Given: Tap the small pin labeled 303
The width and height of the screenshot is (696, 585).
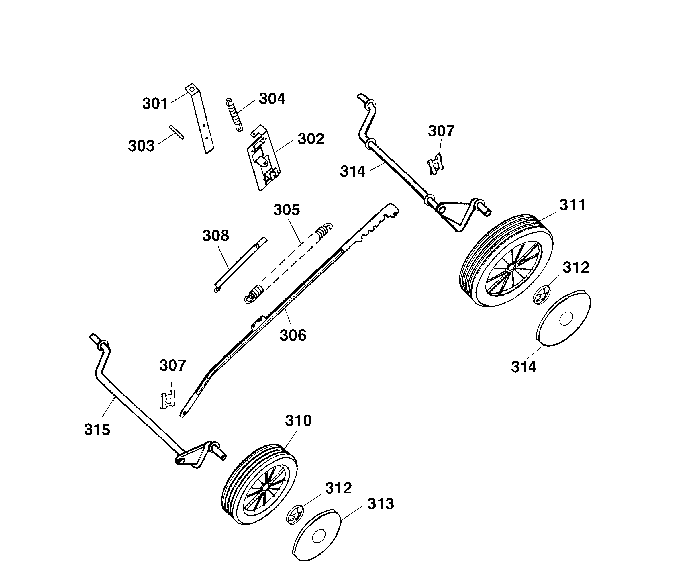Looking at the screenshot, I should (x=177, y=132).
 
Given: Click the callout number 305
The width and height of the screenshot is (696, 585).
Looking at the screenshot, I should (x=287, y=210).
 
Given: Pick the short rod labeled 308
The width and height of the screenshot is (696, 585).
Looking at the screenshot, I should (x=240, y=264).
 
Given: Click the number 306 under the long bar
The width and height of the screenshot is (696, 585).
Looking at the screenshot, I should (x=293, y=336).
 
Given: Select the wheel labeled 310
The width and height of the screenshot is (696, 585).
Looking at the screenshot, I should (x=259, y=484).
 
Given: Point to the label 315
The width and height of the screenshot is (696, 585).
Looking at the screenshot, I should (x=97, y=430).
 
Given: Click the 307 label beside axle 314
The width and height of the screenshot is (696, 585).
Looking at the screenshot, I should (x=441, y=131).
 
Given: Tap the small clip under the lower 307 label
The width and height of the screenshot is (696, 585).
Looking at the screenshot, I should (x=168, y=400).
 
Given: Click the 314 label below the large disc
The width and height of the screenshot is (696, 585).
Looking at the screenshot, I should (x=524, y=367).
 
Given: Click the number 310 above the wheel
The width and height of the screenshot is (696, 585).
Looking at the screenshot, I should (x=298, y=421).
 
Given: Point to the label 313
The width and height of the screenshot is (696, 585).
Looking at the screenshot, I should (x=381, y=504).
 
